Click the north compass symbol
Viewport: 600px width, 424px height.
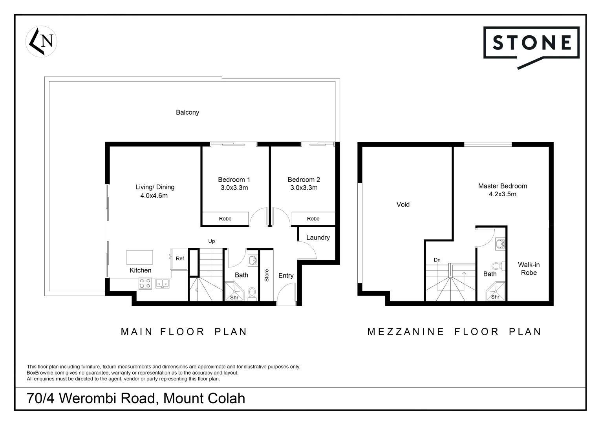(41, 41)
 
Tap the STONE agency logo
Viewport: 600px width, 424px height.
(531, 43)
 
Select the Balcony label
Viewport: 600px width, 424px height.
(187, 112)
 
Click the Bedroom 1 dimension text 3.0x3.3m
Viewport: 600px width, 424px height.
(234, 188)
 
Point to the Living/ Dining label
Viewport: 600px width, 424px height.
(155, 187)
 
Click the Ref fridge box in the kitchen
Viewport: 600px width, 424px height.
(180, 259)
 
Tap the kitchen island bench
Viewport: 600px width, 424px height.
(139, 258)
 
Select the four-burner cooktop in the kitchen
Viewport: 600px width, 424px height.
(145, 283)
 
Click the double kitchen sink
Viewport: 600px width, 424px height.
(162, 283)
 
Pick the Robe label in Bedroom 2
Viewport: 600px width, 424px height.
(313, 219)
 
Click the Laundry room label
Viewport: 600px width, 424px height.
(318, 238)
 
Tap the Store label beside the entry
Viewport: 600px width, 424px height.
(267, 275)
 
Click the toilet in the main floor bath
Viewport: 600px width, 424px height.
(252, 293)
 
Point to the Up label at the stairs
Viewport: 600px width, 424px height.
(211, 241)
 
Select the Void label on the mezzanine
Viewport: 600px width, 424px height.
(403, 205)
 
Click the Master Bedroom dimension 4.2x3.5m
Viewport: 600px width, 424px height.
(502, 194)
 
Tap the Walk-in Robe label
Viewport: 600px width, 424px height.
(529, 269)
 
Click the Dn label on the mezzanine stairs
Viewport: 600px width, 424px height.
(437, 260)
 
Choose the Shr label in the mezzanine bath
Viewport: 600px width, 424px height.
(495, 297)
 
